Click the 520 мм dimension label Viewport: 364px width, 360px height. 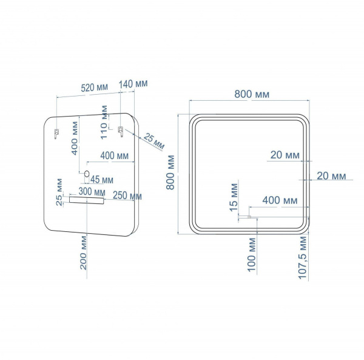tap(94, 87)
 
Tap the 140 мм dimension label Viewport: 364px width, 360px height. tap(133, 84)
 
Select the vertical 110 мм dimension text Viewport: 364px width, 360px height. tap(104, 123)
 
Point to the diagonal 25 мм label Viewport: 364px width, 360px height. tap(154, 141)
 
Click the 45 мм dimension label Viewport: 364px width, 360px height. tap(102, 180)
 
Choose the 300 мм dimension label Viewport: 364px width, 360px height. tap(92, 192)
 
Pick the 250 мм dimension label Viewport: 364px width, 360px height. tap(127, 195)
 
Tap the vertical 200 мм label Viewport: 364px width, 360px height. tap(83, 253)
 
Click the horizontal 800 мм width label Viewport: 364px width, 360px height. tap(252, 94)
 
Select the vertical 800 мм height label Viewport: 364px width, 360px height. tap(170, 172)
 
